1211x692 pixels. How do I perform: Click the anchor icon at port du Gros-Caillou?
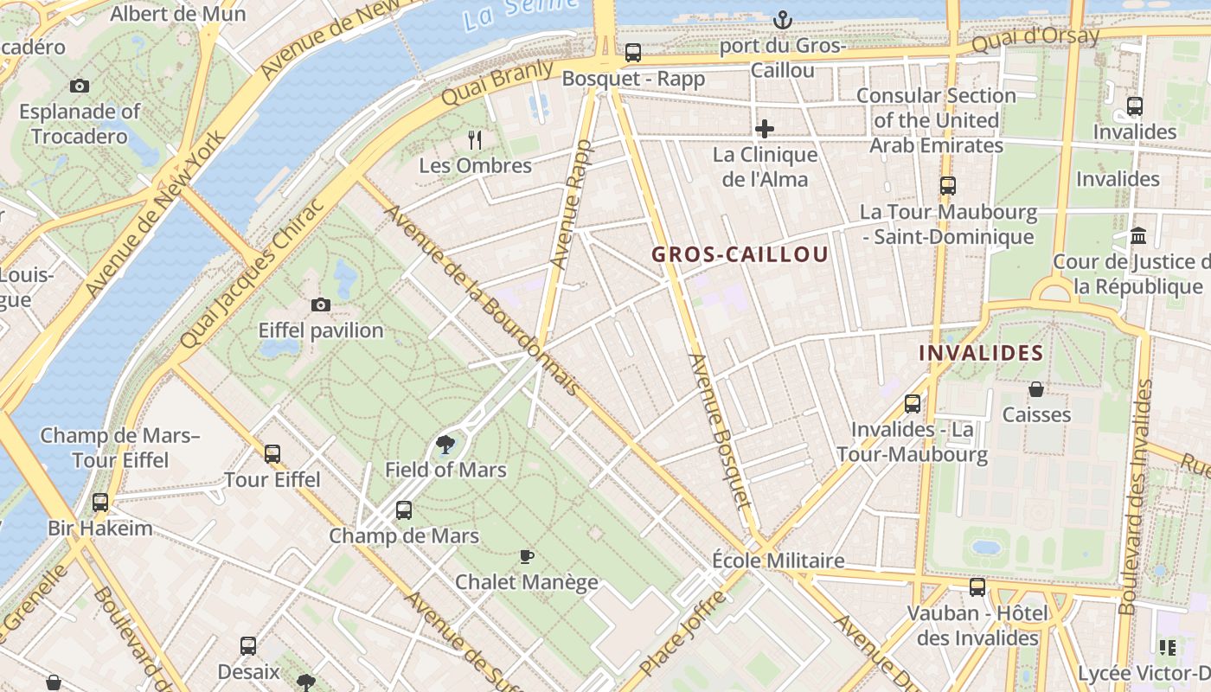[782, 19]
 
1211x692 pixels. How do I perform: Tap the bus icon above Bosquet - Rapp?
[633, 53]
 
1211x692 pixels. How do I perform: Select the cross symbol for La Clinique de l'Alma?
[765, 130]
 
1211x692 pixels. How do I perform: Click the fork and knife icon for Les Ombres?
[474, 139]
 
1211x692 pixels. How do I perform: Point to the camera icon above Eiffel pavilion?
[321, 304]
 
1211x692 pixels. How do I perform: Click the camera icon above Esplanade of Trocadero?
[80, 86]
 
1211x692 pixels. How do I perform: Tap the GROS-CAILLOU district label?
[740, 254]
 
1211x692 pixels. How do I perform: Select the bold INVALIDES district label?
[981, 353]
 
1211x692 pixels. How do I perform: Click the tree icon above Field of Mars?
[445, 445]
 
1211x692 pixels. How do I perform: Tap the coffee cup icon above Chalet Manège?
[526, 556]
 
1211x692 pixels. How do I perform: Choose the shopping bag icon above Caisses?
[1035, 389]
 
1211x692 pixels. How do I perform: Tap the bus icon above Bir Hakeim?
[100, 503]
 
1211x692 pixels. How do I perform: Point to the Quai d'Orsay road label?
[1035, 40]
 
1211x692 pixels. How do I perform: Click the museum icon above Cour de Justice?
[1138, 235]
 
